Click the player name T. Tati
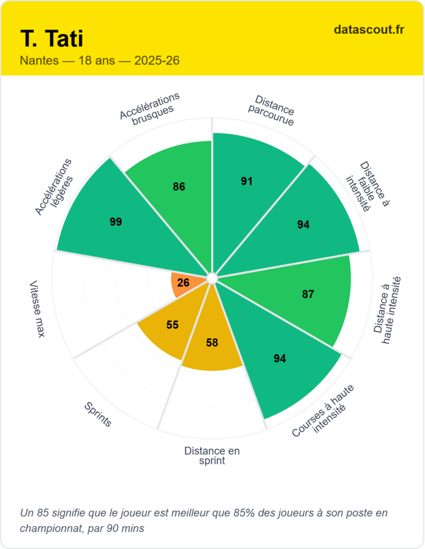(52, 39)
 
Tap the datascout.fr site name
(369, 29)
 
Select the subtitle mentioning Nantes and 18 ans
(100, 61)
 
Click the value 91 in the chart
(246, 181)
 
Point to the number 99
(116, 222)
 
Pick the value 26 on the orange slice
(183, 283)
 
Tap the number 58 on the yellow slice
(212, 343)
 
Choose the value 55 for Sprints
(172, 325)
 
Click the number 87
(308, 294)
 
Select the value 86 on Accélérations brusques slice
(179, 187)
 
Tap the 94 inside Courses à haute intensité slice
(280, 359)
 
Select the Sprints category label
(98, 414)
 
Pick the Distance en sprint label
(212, 456)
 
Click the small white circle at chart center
(211, 278)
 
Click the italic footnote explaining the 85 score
(203, 520)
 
